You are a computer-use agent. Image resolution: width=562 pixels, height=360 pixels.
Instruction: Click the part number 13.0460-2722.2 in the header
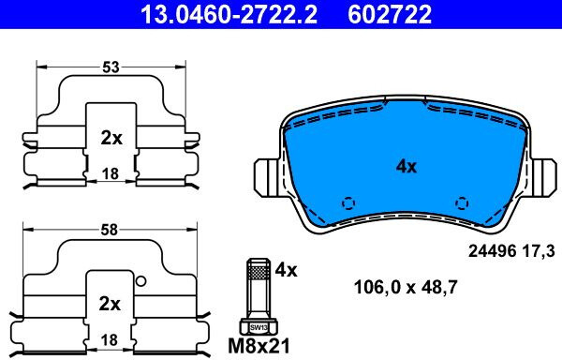229,14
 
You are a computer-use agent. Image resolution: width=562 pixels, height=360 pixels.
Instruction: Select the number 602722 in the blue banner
390,14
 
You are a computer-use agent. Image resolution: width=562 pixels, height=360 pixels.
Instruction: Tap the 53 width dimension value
111,67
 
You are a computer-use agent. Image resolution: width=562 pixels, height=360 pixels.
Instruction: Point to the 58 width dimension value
110,230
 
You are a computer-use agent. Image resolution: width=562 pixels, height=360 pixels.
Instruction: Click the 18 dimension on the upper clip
111,173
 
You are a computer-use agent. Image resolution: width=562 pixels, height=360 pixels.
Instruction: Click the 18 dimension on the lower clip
110,339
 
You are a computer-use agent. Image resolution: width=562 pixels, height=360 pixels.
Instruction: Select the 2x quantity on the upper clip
111,138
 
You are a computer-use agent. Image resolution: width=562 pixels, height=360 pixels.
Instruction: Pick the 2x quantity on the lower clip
110,304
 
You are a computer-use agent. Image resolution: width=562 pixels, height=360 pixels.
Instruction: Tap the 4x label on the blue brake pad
407,166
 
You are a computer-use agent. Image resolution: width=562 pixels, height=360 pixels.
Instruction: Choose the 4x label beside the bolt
286,270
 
